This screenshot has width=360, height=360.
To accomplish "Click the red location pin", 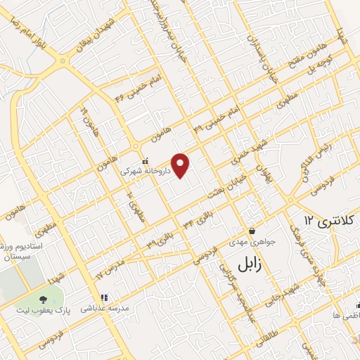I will [181, 165].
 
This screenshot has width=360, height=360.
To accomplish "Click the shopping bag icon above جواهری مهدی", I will [252, 231].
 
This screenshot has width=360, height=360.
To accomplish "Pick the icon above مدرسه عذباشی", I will [104, 297].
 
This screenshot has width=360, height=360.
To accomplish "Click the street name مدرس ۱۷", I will [111, 266].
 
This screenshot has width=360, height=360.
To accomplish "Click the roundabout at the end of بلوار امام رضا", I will [65, 60].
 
